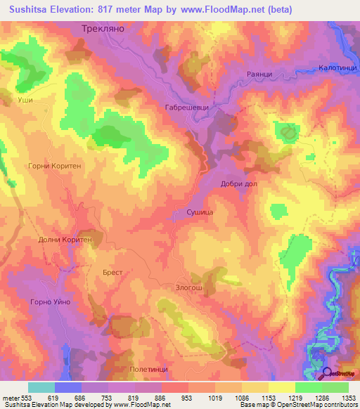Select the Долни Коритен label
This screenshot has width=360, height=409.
(65, 240)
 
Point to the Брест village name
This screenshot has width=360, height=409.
(112, 272)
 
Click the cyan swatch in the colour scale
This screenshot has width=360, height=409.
(41, 387)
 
